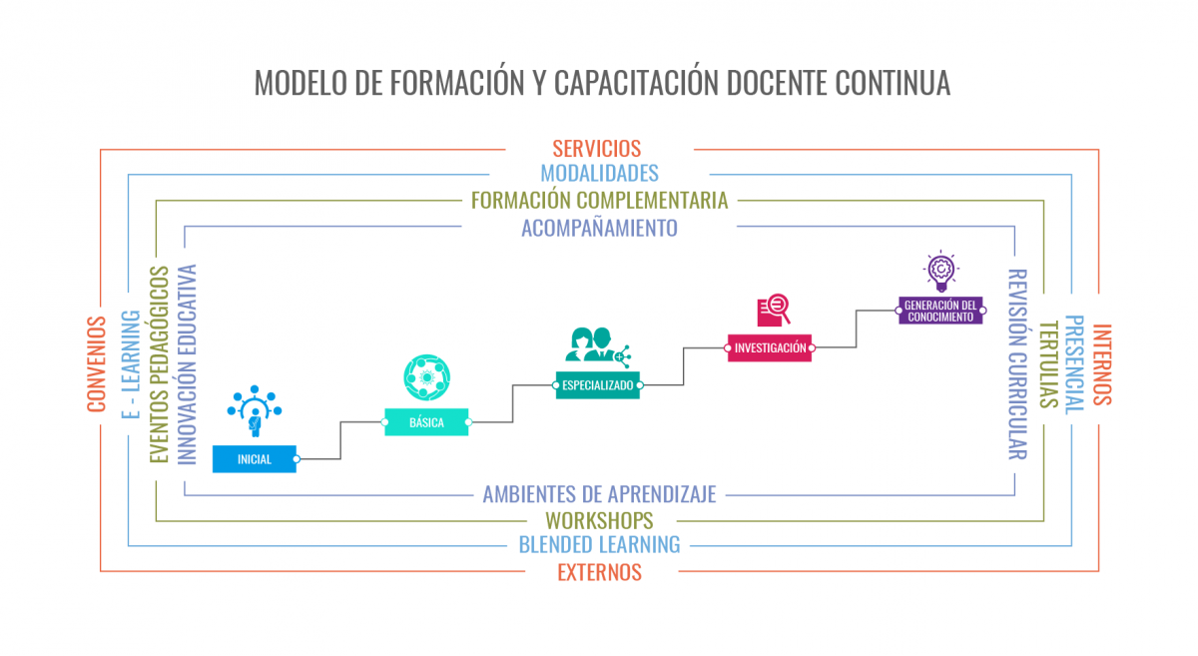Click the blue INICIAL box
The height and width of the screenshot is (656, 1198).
[255, 459]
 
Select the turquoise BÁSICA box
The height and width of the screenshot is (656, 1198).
[426, 422]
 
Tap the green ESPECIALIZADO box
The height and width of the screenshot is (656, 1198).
[597, 385]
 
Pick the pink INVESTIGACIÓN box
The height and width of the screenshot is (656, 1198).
[770, 347]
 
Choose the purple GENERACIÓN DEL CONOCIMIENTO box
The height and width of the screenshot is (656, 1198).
[940, 311]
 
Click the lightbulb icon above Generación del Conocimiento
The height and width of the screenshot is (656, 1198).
[940, 271]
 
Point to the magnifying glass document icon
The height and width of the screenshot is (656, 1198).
[774, 310]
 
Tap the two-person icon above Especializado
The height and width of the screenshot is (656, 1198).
[598, 347]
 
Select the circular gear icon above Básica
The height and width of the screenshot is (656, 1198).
[427, 377]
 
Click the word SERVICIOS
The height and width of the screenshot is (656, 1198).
[597, 149]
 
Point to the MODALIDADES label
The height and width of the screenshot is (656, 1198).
[600, 174]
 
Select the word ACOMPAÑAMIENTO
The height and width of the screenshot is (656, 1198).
[600, 228]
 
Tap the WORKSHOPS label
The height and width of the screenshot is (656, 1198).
[600, 520]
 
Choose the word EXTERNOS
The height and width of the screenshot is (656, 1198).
[600, 572]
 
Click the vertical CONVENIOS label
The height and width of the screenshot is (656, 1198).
[97, 364]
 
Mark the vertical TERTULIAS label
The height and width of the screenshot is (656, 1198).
[1048, 364]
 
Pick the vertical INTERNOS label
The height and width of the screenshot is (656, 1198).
[1102, 364]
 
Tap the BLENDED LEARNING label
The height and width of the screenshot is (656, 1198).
[600, 545]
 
